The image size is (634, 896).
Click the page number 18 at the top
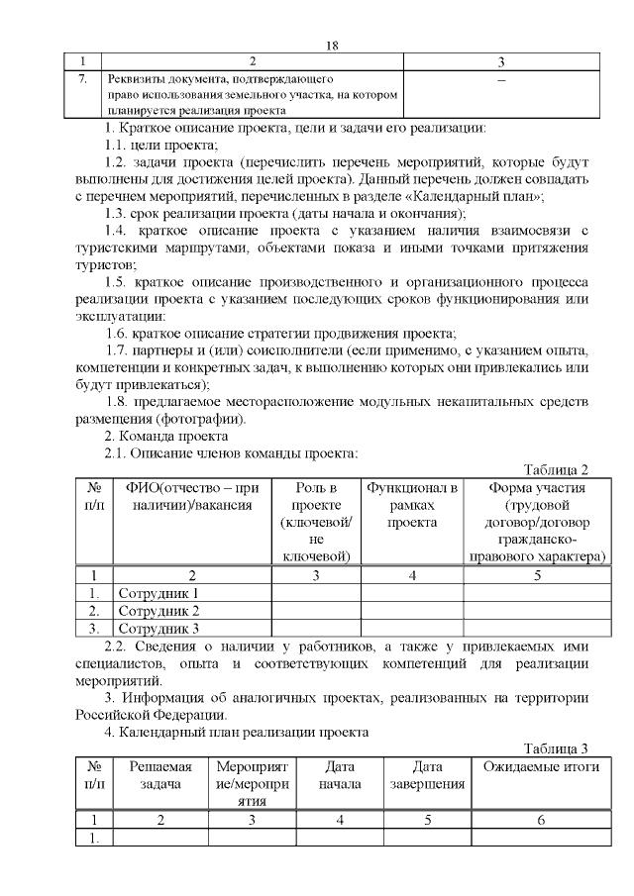pos(333,46)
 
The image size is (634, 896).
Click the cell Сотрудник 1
pos(159,593)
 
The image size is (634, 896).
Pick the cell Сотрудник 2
pos(159,610)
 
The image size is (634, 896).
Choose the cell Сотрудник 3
pos(159,627)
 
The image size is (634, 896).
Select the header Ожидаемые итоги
pos(541,767)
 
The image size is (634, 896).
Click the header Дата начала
pos(340,776)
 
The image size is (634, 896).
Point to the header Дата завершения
pos(427,776)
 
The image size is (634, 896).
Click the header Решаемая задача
pos(160,776)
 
